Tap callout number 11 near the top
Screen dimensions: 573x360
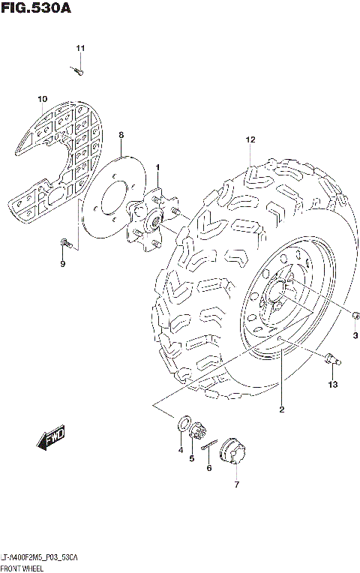[x=80, y=49]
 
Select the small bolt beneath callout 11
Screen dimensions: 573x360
[x=79, y=71]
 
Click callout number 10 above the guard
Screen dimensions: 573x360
[x=43, y=99]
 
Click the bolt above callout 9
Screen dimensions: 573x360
[x=64, y=242]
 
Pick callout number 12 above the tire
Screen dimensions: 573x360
[x=250, y=139]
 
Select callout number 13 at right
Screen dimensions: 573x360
[x=333, y=385]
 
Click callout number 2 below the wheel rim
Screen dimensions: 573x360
[x=281, y=409]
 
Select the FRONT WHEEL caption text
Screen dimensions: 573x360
[x=23, y=568]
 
